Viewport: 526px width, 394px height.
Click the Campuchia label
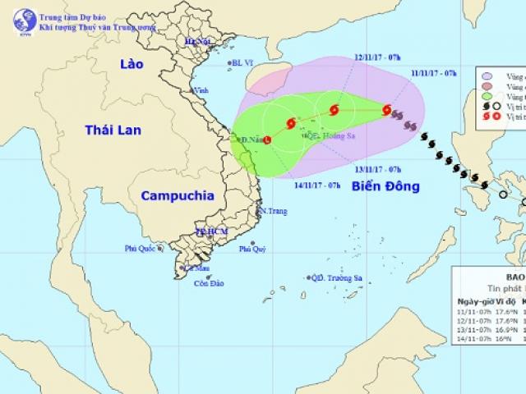pos(177,195)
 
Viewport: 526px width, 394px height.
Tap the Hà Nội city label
pos(198,41)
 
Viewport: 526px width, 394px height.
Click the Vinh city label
pos(201,91)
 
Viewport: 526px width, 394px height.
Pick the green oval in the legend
pos(491,95)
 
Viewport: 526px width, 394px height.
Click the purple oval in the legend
pos(491,75)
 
